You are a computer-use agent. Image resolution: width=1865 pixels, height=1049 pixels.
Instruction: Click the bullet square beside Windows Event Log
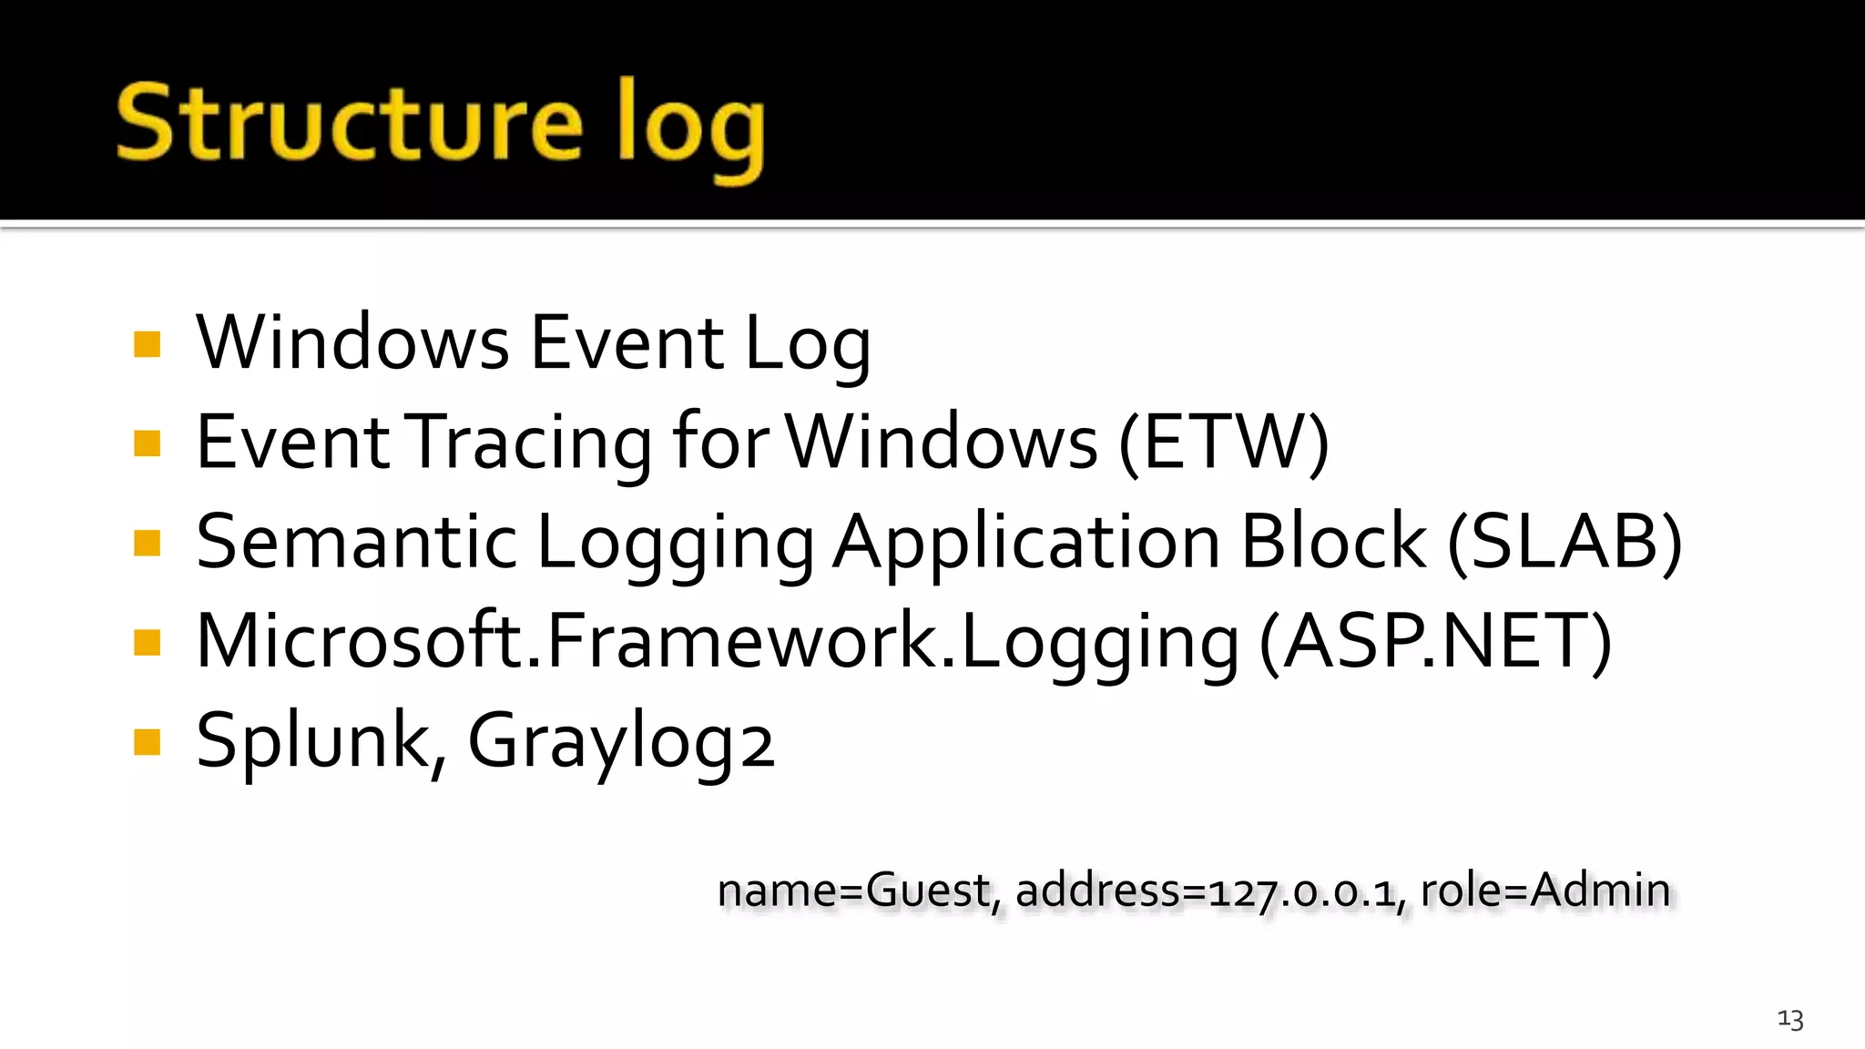point(147,344)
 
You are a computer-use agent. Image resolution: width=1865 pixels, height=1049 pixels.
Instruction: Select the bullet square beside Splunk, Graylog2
point(147,742)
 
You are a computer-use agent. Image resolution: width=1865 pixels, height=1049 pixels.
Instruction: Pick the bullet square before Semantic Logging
point(147,543)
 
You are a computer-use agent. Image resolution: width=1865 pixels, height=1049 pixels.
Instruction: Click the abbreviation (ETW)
point(1223,443)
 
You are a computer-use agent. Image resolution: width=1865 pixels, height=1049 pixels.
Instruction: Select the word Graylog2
point(620,741)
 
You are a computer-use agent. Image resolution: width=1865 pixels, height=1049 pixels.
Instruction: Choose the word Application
point(1026,544)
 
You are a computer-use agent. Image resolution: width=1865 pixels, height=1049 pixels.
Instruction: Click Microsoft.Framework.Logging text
point(718,642)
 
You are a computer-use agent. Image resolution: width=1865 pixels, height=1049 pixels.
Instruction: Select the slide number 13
point(1790,1019)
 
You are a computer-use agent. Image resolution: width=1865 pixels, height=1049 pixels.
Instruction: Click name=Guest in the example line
point(853,890)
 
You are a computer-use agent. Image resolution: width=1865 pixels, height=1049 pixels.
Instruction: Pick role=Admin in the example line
point(1545,890)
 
